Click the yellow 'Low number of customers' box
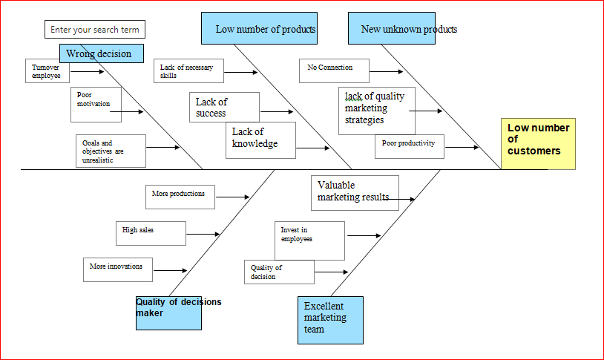coord(538,143)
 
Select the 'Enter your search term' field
coord(95,30)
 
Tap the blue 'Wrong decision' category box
coord(101,53)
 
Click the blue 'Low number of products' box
coord(259,29)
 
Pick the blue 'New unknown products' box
coord(391,29)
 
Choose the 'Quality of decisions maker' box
coord(168,312)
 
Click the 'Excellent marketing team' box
coord(330,320)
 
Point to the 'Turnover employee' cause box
coord(47,71)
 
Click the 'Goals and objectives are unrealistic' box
coord(111,151)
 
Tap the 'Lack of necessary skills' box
coord(187,71)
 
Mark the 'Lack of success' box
coord(224,108)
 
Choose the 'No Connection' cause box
coord(334,71)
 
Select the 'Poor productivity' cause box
coord(410,146)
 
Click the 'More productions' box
coord(180,197)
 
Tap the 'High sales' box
coord(151,233)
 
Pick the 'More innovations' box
coord(118,269)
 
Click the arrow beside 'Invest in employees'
coord(364,235)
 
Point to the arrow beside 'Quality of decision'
coord(331,272)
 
